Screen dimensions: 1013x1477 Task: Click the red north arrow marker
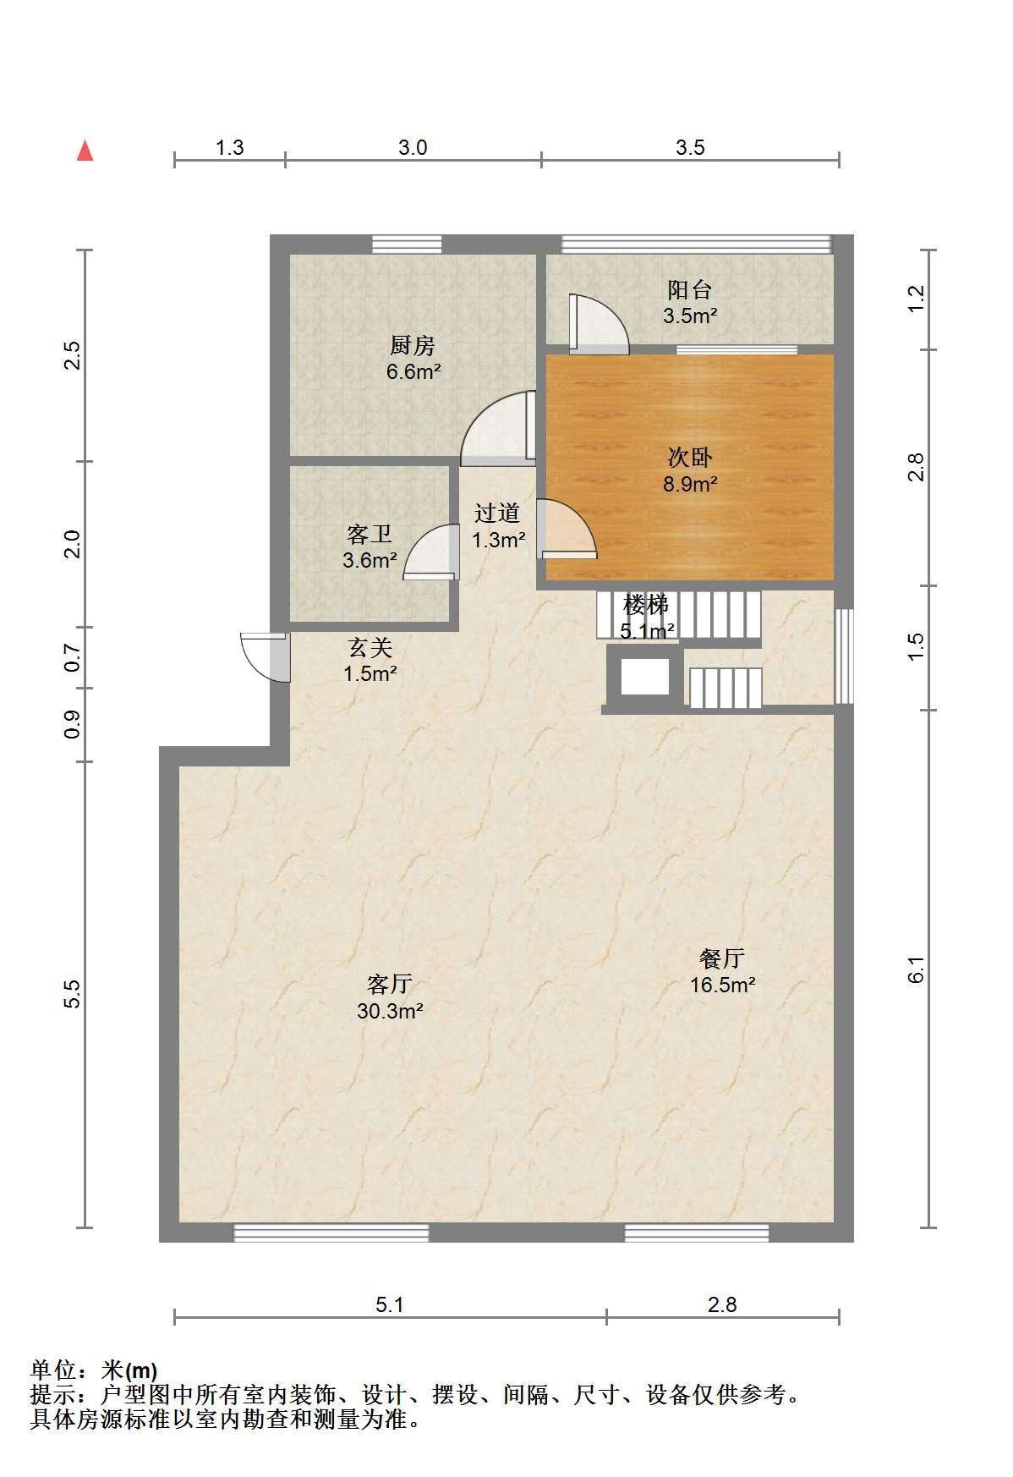pos(85,151)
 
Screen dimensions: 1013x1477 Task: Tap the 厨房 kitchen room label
pos(413,345)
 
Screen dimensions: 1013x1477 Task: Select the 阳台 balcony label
pos(689,290)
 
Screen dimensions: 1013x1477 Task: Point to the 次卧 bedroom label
pos(690,458)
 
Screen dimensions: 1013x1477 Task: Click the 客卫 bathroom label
pos(370,534)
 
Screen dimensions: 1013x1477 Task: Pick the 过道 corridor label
pos(497,513)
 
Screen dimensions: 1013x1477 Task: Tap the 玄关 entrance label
pos(370,648)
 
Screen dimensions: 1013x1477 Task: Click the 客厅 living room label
pos(389,984)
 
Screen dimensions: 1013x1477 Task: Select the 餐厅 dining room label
pos(722,958)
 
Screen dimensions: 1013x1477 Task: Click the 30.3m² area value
pos(390,1011)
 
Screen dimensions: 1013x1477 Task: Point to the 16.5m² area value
pos(722,986)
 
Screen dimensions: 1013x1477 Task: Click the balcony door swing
pos(599,323)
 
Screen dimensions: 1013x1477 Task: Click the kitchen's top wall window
pos(407,244)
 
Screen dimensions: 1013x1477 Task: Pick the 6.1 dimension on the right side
pos(917,969)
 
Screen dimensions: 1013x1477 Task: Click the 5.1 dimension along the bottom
pos(390,1304)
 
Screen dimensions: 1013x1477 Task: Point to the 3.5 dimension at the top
pos(690,148)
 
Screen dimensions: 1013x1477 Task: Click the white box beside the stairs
pos(645,677)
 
